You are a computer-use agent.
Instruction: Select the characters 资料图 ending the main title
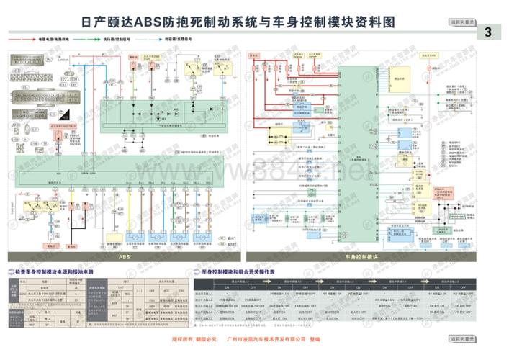point(377,23)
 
